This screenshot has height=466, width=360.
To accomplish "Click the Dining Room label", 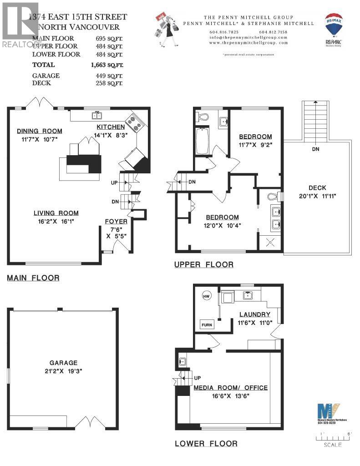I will (x=39, y=131).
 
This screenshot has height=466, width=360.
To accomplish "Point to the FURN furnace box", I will (x=207, y=325).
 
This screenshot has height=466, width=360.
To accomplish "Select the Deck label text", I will (x=317, y=187).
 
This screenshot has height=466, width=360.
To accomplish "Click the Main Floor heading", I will (x=33, y=278).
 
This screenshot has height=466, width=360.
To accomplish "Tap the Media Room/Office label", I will (x=231, y=388).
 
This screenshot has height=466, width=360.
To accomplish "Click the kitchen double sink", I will (x=98, y=115).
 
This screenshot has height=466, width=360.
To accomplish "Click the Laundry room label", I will (x=255, y=314).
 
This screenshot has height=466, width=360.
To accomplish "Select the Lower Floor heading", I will (x=206, y=443).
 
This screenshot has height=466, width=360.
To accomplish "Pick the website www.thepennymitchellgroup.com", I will (x=248, y=42).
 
